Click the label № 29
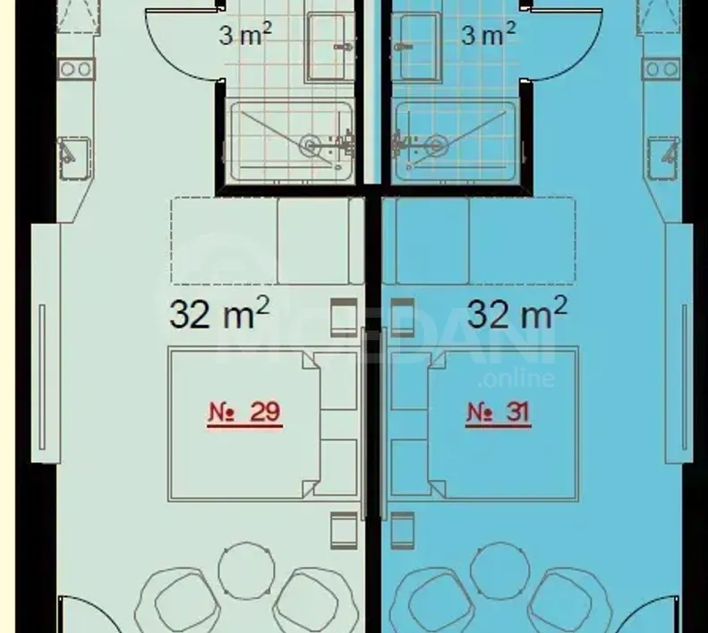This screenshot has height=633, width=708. tap(244, 413)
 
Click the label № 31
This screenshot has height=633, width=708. tap(499, 413)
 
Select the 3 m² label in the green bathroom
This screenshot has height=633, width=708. tap(246, 37)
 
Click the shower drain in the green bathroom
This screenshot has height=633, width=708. tap(311, 143)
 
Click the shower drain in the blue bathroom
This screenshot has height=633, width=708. tap(436, 143)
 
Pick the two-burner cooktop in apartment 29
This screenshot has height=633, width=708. tap(73, 69)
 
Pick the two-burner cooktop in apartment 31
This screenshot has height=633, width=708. tap(661, 69)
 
